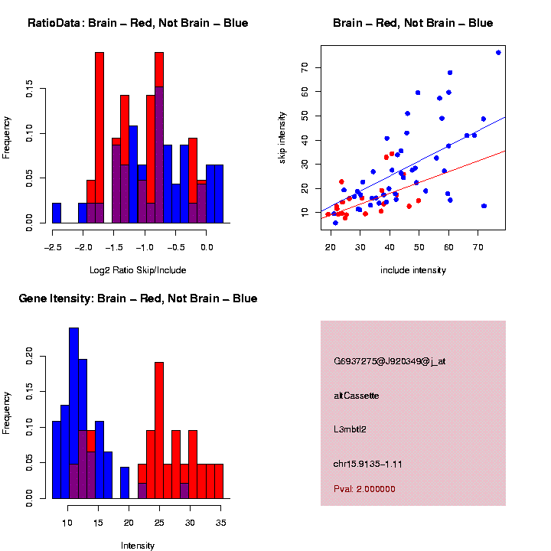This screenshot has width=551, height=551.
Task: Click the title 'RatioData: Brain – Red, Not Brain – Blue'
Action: pyautogui.click(x=138, y=23)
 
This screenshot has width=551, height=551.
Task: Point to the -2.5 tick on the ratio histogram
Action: pyautogui.click(x=52, y=247)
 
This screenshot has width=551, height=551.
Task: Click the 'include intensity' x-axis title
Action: pyautogui.click(x=412, y=270)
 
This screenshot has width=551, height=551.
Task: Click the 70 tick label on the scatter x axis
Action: pyautogui.click(x=478, y=247)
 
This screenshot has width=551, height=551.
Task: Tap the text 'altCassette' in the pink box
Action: pyautogui.click(x=356, y=396)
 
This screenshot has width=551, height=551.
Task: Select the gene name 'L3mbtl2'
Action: pyautogui.click(x=350, y=429)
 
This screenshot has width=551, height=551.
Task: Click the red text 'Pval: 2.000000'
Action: pyautogui.click(x=364, y=488)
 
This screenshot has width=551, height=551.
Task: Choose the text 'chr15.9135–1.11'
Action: pyautogui.click(x=368, y=464)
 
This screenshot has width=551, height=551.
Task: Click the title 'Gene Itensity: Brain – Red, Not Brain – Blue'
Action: pyautogui.click(x=138, y=298)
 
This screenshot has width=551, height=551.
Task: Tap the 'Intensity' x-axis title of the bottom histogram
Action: pyautogui.click(x=138, y=546)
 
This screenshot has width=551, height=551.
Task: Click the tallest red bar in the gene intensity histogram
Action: pyautogui.click(x=159, y=429)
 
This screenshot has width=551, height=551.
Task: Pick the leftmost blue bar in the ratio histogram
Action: pyautogui.click(x=57, y=214)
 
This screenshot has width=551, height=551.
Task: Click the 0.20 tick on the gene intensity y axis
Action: pyautogui.click(x=29, y=354)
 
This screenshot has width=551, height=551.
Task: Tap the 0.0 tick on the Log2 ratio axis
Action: pyautogui.click(x=207, y=247)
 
